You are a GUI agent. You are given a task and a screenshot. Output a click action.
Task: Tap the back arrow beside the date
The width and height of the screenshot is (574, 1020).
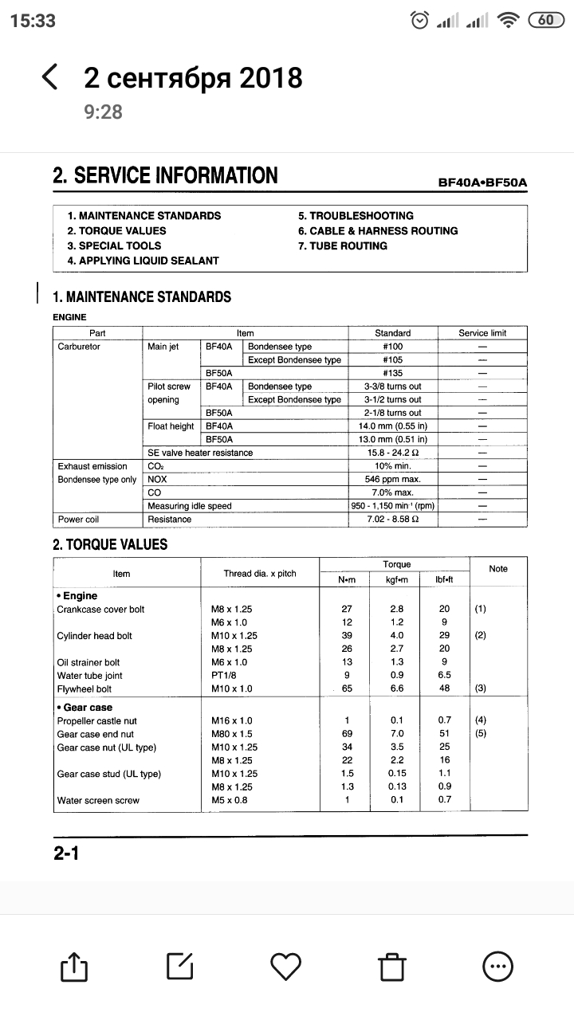49,77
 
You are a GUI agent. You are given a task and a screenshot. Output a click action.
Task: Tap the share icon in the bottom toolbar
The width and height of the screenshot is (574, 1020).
73,966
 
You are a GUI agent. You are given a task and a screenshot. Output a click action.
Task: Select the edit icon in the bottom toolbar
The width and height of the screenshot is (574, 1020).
179,966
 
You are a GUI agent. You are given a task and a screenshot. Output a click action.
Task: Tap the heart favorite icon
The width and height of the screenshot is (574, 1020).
285,966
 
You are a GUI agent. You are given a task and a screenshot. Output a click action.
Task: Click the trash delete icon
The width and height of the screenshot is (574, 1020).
391,966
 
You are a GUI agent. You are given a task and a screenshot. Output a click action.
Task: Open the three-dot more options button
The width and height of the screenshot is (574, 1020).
498,966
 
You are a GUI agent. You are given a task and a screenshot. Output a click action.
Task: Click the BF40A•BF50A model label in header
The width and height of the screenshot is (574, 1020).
482,182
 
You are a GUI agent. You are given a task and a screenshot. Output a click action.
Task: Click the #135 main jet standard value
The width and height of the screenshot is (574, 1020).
392,373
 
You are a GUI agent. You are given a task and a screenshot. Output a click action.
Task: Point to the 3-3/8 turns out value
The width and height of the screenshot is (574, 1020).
392,386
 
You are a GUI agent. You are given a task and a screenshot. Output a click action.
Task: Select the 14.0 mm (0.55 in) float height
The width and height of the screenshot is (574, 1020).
392,426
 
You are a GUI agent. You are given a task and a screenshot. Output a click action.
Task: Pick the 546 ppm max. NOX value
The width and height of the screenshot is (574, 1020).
392,480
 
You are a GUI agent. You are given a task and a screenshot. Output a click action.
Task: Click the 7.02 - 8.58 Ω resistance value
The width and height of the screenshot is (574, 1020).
392,520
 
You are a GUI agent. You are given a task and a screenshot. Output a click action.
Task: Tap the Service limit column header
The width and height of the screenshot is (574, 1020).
482,333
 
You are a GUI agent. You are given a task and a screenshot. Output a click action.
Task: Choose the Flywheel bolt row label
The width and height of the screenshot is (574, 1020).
85,688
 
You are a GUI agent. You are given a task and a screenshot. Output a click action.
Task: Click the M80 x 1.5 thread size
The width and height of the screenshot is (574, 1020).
231,734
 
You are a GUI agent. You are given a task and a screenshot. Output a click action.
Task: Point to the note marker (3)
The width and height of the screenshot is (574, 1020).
480,688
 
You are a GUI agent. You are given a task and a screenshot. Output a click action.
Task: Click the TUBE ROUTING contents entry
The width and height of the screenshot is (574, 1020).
343,246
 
